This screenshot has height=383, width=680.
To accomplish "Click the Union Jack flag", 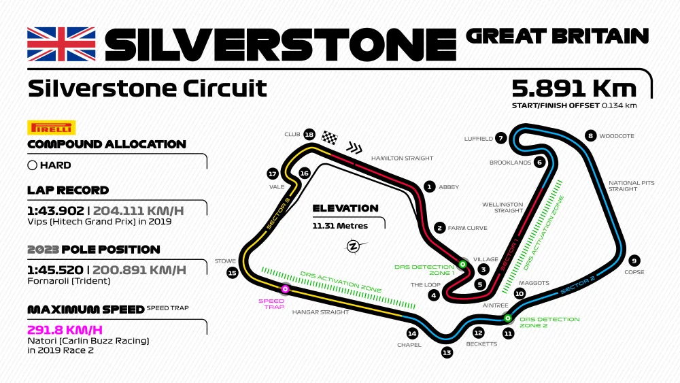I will [x=61, y=44].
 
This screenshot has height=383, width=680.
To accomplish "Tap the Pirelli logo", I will [x=51, y=128].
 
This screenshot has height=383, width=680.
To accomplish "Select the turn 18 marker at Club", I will [x=309, y=134].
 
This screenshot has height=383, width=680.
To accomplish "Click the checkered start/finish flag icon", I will [x=330, y=137].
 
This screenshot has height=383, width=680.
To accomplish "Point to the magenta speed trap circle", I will [x=286, y=290].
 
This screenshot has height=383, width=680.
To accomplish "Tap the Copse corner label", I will [x=634, y=272].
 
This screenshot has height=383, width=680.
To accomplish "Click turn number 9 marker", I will [x=634, y=261].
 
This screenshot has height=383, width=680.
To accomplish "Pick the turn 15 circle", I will [x=232, y=273].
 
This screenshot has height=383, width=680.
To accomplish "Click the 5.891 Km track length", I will [x=574, y=88].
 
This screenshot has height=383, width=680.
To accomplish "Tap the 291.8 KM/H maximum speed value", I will [x=65, y=329].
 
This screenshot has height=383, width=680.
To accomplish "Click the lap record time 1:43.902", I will [x=56, y=210].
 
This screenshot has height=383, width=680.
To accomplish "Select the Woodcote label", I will [x=616, y=136].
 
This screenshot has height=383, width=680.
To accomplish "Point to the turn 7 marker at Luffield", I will [x=501, y=138].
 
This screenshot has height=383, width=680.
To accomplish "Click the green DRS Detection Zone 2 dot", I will [x=507, y=318].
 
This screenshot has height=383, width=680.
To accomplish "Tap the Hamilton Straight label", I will [x=402, y=158].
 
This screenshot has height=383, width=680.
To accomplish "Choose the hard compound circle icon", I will [x=32, y=165].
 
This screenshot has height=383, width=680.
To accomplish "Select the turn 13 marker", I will [x=447, y=352].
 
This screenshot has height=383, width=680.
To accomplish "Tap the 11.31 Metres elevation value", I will [x=340, y=226].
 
